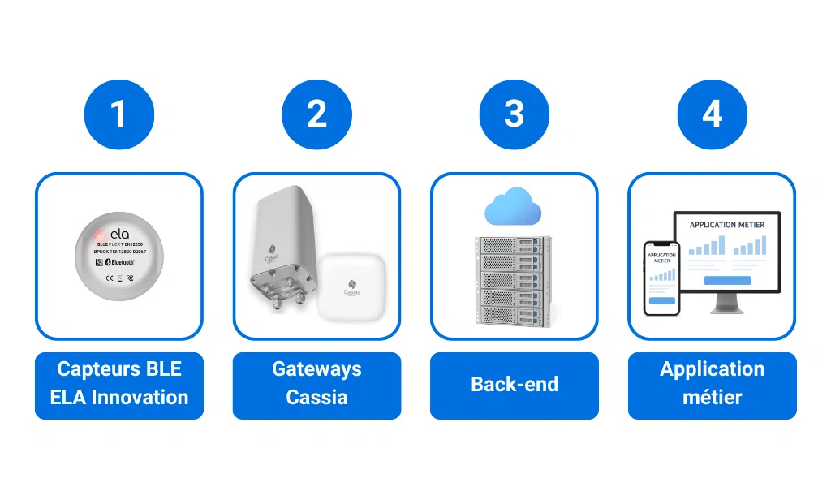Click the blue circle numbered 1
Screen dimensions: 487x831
coord(118,114)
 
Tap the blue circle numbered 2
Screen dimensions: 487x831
coord(316,114)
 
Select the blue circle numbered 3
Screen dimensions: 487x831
coord(515,114)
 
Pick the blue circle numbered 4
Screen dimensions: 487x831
coord(712,114)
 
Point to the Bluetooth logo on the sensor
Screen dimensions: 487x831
coord(121,263)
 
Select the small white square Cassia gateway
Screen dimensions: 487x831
coord(352,286)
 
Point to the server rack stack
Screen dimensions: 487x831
coord(514,280)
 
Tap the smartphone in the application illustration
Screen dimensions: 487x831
coord(661,278)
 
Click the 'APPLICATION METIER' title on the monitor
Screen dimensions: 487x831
coord(726,224)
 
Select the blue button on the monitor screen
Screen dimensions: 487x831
coord(726,281)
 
